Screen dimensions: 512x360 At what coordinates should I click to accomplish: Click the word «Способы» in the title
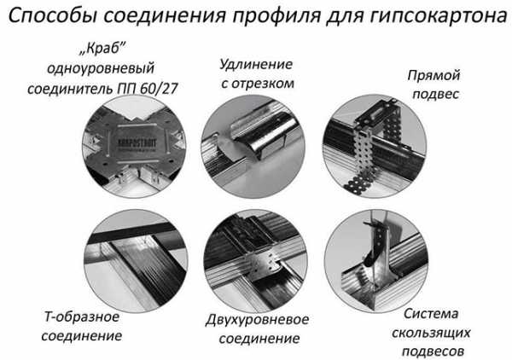(x=53, y=15)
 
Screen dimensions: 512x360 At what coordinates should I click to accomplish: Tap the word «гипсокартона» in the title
(x=439, y=15)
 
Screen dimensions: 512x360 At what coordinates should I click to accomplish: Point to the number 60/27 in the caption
(x=159, y=88)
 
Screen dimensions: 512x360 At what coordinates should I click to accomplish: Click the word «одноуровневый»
(x=101, y=69)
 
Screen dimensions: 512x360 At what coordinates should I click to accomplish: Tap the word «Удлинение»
(x=256, y=64)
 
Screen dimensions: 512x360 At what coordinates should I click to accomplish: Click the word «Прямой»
(x=433, y=75)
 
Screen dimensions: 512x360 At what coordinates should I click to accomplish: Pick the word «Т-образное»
(x=82, y=316)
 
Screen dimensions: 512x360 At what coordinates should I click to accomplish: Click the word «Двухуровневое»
(x=257, y=320)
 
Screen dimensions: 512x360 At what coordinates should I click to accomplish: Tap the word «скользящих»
(x=431, y=334)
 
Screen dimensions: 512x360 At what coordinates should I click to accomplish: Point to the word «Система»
(x=431, y=314)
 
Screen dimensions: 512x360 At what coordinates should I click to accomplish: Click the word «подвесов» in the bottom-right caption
(x=433, y=351)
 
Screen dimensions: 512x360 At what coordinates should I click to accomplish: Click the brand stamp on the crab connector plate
(x=137, y=143)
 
